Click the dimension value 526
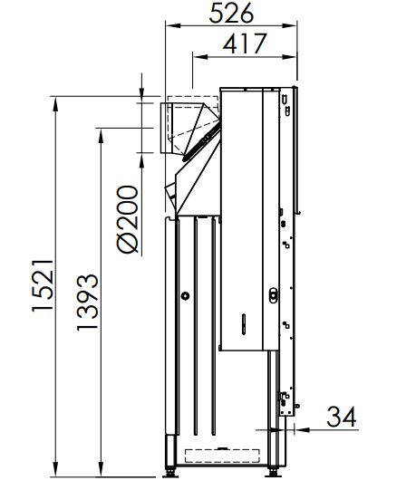[231, 13]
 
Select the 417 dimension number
[245, 43]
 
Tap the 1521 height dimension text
[43, 285]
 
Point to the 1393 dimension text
[88, 302]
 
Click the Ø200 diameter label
[128, 219]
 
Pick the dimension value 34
[342, 417]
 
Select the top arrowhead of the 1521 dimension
[55, 104]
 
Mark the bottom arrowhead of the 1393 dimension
[101, 470]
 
